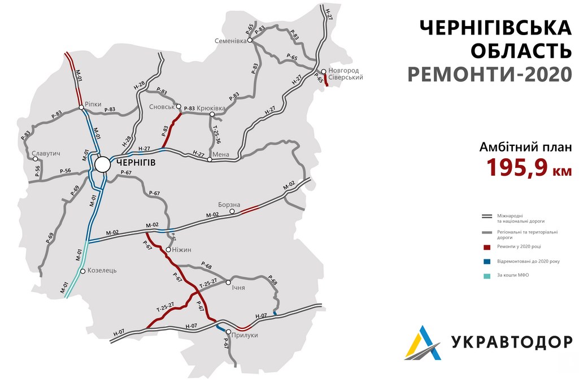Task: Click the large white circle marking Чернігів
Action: (103, 164)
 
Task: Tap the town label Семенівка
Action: (230, 41)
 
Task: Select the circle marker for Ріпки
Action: (81, 107)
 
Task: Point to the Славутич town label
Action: (46, 154)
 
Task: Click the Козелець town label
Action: (102, 271)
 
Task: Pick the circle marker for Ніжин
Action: (168, 249)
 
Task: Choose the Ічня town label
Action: (238, 288)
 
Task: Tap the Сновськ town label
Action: (162, 106)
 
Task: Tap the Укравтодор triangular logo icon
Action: (423, 342)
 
